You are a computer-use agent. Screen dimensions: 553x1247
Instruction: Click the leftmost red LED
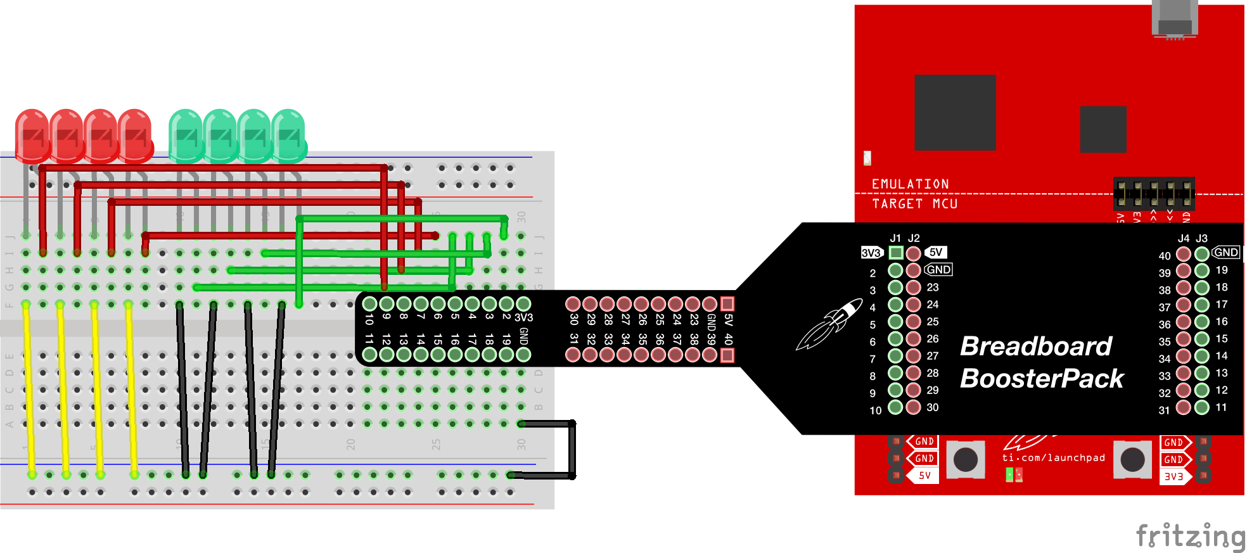(32, 135)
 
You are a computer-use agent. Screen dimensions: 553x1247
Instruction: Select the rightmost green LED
(289, 135)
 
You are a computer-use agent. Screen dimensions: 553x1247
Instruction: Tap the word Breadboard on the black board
(1035, 346)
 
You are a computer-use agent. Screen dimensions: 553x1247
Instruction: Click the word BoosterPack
(1041, 379)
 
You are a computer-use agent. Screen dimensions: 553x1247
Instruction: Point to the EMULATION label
(910, 184)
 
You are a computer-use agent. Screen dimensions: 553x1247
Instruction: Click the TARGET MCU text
(914, 204)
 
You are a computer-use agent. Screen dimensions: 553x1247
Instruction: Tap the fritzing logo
(1190, 536)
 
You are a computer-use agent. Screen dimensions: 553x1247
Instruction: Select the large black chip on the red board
(955, 112)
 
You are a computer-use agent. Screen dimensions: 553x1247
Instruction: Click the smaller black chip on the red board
(1103, 129)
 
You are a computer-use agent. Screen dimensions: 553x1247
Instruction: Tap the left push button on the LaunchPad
(965, 459)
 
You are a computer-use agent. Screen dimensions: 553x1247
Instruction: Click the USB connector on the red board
(1174, 19)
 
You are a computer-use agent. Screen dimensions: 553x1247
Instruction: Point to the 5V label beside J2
(936, 252)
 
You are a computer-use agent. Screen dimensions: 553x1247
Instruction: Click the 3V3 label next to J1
(871, 253)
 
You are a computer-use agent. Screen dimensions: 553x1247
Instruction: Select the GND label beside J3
(1225, 252)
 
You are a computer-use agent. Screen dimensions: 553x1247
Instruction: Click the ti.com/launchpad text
(1053, 457)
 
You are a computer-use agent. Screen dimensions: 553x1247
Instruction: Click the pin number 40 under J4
(1165, 256)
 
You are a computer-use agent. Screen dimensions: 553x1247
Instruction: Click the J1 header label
(895, 238)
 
